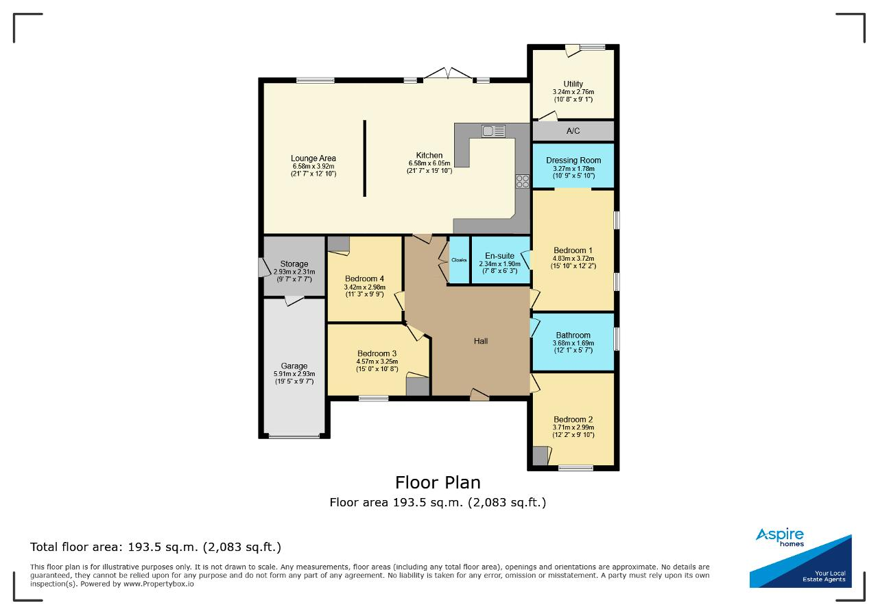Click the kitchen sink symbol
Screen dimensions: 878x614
click(x=493, y=131)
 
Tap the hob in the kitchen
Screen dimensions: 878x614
click(x=523, y=181)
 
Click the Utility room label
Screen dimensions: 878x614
click(x=573, y=84)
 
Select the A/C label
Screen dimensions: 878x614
click(x=573, y=131)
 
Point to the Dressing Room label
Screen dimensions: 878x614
click(x=573, y=161)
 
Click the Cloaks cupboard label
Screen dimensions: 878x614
click(x=459, y=260)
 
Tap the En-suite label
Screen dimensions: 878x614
click(x=500, y=256)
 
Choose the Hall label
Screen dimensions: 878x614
click(x=481, y=341)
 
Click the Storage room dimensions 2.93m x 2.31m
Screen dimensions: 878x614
click(x=294, y=272)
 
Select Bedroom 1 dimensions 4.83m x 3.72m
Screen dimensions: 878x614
click(x=573, y=259)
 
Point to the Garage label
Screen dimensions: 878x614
click(x=294, y=366)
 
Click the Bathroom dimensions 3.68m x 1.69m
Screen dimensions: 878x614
click(x=573, y=343)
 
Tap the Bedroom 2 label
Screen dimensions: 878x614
click(x=573, y=420)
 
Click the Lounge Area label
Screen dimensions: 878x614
click(x=313, y=158)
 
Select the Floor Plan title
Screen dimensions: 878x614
click(x=438, y=483)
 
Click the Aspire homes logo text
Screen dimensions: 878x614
click(x=780, y=536)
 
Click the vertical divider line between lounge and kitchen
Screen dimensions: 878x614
click(x=364, y=158)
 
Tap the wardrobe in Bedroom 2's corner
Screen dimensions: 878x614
click(x=540, y=456)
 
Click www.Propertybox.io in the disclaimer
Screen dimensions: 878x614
click(x=158, y=584)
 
